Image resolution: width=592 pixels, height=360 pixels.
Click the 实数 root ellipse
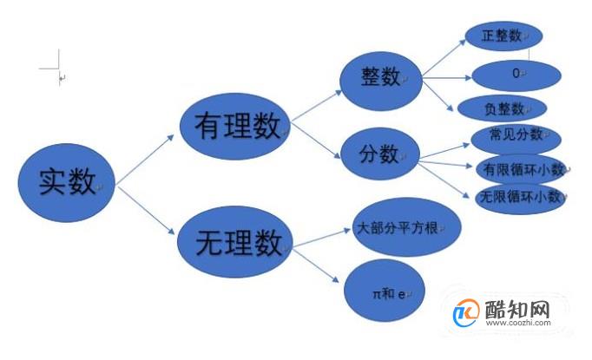(67, 183)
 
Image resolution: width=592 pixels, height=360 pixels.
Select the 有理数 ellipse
(235, 127)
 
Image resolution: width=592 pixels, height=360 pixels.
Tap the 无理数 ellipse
(235, 241)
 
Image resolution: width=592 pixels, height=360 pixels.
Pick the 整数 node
(381, 81)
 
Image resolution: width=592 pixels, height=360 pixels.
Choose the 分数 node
(380, 154)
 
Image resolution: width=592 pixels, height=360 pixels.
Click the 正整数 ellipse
(503, 36)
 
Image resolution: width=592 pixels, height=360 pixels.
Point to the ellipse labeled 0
(516, 75)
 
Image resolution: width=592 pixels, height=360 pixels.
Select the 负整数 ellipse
(502, 108)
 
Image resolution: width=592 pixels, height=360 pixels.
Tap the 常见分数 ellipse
(516, 138)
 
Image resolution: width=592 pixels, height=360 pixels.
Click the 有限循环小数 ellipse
(522, 168)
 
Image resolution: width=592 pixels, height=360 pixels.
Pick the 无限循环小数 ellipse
(521, 199)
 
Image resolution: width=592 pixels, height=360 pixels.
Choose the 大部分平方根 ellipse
(406, 227)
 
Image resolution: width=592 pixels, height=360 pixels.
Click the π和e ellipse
(385, 291)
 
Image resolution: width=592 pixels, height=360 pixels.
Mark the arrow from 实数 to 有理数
(145, 160)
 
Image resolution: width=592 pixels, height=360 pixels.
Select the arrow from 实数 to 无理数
(146, 210)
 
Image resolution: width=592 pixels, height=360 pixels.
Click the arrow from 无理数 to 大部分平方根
(322, 238)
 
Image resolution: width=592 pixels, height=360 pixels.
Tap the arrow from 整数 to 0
(447, 78)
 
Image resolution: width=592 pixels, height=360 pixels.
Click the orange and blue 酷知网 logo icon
(466, 313)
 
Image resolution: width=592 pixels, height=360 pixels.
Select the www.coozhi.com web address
(518, 323)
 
